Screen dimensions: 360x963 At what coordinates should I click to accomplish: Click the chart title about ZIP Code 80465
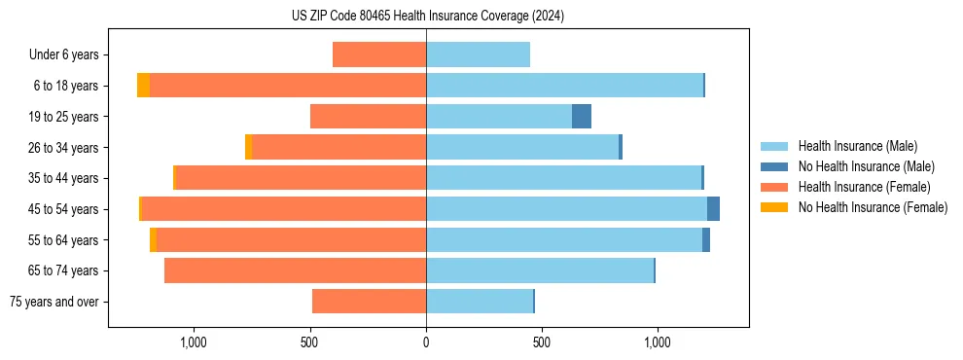(427, 16)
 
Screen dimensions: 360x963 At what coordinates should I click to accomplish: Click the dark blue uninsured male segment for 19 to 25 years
(582, 117)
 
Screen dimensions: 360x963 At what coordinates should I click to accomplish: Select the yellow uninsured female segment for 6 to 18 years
(143, 86)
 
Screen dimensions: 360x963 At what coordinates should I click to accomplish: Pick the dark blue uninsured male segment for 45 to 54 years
(713, 209)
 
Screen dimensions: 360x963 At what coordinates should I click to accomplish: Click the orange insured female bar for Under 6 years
(379, 55)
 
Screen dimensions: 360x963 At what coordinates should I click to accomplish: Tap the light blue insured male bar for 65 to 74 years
(540, 270)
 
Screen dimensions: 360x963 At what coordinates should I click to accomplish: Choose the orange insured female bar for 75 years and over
(370, 302)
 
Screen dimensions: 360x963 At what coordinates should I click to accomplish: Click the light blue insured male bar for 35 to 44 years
(564, 178)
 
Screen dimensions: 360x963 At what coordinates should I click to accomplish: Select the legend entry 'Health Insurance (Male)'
(857, 146)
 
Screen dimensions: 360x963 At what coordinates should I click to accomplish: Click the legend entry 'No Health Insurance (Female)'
(873, 207)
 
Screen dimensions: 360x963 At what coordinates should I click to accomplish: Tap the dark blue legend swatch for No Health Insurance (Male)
(774, 166)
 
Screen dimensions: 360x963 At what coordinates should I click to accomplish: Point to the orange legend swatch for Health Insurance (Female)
(774, 187)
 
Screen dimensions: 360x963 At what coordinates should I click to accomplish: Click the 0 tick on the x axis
(426, 342)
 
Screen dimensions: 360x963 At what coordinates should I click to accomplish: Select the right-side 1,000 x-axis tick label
(658, 342)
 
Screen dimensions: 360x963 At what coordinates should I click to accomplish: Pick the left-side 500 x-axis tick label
(310, 342)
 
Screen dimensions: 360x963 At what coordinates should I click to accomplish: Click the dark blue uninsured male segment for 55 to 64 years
(706, 240)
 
